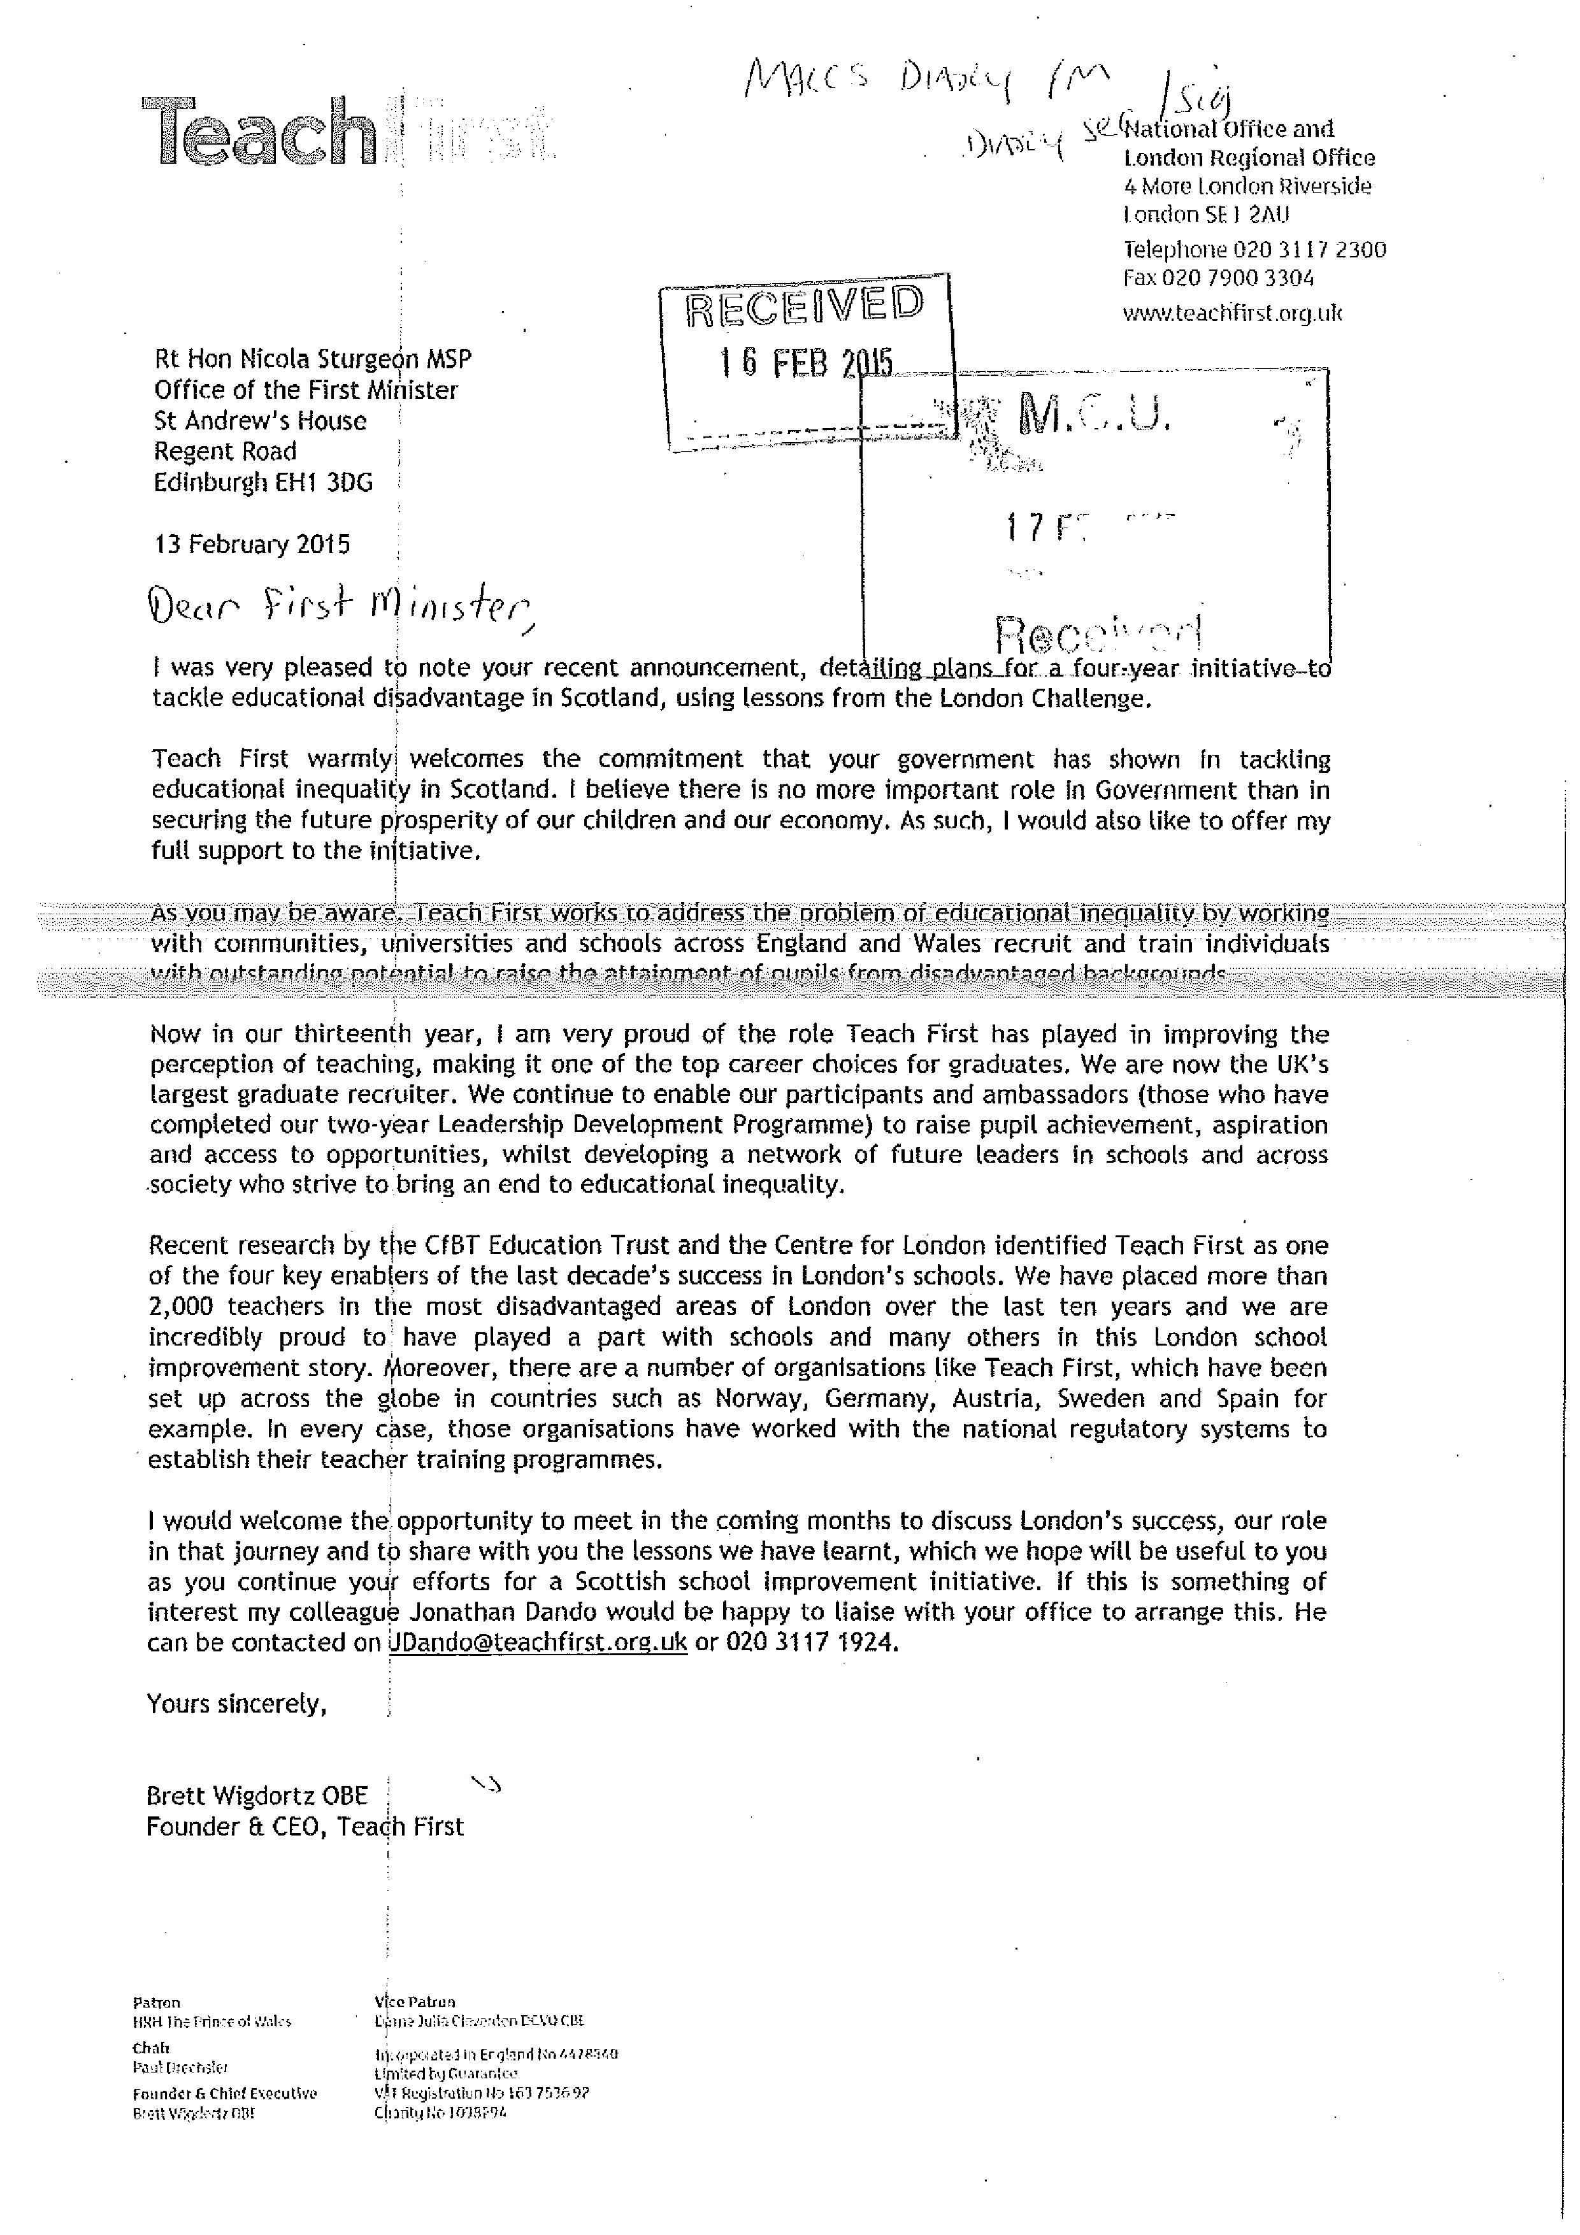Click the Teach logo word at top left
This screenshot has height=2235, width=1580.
click(259, 131)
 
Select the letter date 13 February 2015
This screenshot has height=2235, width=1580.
click(252, 544)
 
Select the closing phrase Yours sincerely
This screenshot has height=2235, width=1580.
click(236, 1704)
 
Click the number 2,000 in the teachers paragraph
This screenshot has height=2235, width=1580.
click(181, 1306)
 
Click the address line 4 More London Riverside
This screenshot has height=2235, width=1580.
click(1248, 186)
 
